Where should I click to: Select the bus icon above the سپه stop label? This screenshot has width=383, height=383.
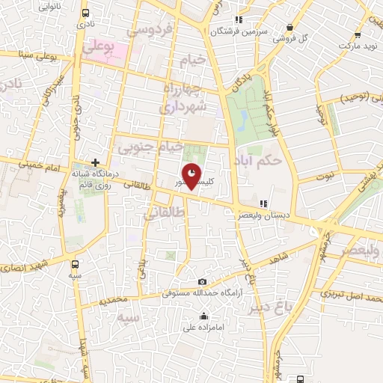pos(75,264)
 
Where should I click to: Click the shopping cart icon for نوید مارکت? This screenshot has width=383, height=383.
pos(358,34)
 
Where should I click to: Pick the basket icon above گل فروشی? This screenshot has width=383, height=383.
pos(289,28)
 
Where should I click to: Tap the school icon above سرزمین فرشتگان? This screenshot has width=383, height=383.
pos(238,19)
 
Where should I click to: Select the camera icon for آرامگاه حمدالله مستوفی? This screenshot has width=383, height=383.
pos(202,281)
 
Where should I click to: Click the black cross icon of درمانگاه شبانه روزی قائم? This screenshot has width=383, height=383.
pos(96,162)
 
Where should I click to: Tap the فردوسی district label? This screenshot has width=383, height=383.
pos(151,31)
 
